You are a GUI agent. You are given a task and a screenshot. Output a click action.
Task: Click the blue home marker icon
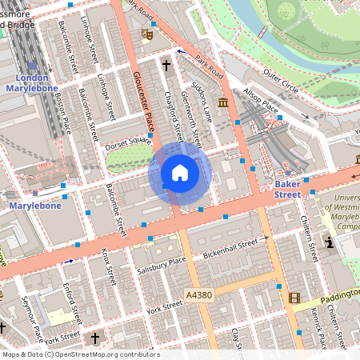tap(180, 173)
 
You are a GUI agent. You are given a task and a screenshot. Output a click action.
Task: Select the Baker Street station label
tap(287, 189)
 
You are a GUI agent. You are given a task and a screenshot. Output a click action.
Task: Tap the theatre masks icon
tap(146, 34)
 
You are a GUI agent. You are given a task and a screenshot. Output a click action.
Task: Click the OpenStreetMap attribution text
tap(80, 354)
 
